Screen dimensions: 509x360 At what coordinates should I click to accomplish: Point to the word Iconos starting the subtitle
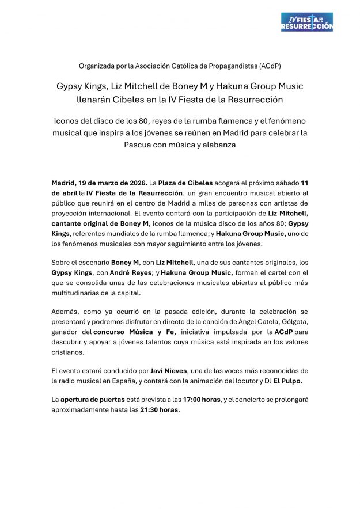68,123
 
